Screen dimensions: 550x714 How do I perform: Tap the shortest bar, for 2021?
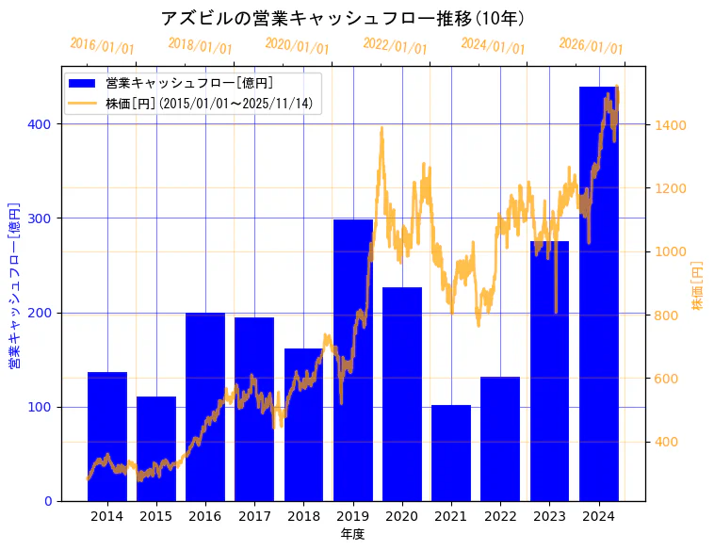(451, 453)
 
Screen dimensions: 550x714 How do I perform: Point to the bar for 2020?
(402, 396)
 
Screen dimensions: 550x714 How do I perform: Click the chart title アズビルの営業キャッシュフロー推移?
(343, 19)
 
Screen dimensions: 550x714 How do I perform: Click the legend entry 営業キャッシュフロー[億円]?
(189, 83)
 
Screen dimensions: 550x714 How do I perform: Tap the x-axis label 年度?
(353, 534)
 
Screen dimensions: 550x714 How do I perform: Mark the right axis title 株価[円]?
(697, 286)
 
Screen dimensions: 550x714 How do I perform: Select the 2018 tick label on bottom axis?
(303, 516)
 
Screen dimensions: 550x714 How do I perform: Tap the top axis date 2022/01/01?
(396, 46)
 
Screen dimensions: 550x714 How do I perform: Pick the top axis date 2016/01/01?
(103, 46)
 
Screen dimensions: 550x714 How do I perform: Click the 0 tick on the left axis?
(49, 501)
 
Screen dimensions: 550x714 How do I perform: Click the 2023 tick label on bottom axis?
(549, 516)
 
